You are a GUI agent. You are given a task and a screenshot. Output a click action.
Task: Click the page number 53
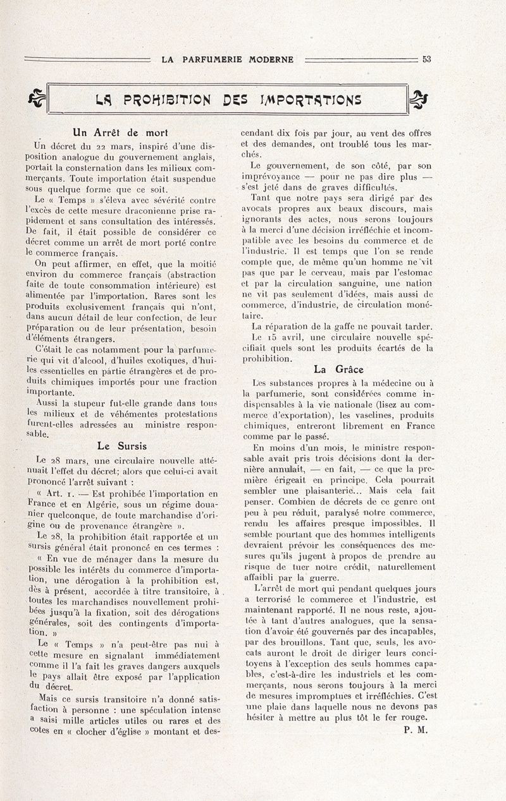point(426,59)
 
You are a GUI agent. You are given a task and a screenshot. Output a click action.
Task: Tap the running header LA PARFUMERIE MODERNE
point(228,60)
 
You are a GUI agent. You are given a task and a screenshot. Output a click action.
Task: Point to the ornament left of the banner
point(36,98)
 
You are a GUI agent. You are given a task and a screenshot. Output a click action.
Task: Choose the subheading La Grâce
point(338,370)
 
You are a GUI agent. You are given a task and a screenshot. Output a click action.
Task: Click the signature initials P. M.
point(415,730)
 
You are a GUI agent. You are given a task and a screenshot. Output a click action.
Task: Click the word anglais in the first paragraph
point(197,157)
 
